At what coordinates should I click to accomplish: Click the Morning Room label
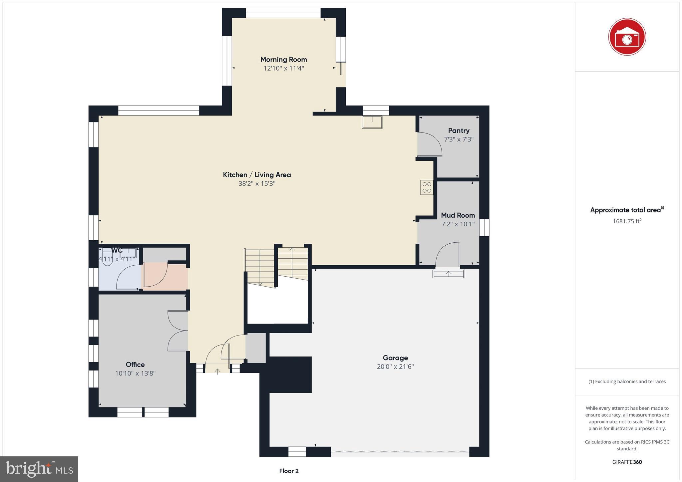pyautogui.click(x=283, y=59)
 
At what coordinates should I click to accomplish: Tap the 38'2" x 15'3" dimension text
pyautogui.click(x=257, y=183)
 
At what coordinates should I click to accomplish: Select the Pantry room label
pyautogui.click(x=459, y=130)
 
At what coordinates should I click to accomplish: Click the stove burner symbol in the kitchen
pyautogui.click(x=427, y=187)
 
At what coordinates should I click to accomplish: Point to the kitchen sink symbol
pyautogui.click(x=372, y=122)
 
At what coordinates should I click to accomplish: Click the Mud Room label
pyautogui.click(x=458, y=215)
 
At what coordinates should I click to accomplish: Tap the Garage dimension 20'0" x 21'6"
pyautogui.click(x=395, y=366)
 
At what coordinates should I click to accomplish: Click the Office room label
pyautogui.click(x=135, y=364)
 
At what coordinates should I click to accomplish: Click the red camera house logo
pyautogui.click(x=627, y=37)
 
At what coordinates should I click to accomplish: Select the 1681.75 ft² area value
pyautogui.click(x=627, y=221)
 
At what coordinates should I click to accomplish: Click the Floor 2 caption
pyautogui.click(x=289, y=471)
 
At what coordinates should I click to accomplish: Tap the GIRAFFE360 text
pyautogui.click(x=627, y=462)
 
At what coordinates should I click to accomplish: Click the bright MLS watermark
pyautogui.click(x=39, y=469)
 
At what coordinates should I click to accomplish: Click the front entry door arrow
pyautogui.click(x=217, y=371)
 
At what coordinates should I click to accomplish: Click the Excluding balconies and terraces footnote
pyautogui.click(x=627, y=381)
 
